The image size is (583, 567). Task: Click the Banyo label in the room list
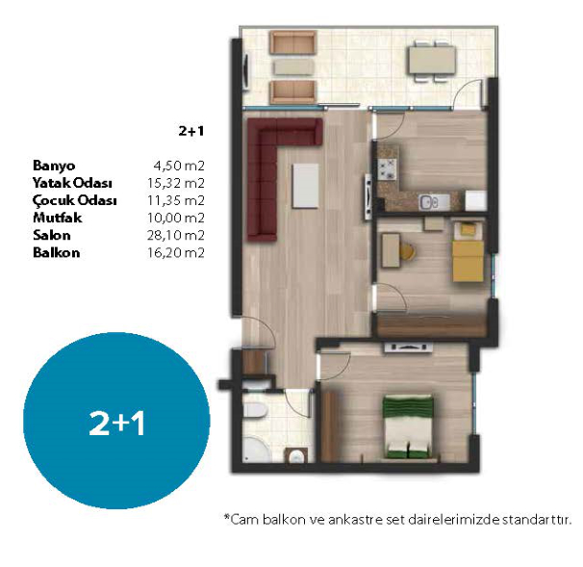54,166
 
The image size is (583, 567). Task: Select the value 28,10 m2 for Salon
176,236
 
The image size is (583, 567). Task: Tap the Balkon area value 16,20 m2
176,253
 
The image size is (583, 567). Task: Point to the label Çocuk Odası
74,201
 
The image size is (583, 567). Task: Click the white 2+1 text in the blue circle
116,424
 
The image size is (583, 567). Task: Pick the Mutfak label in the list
58,218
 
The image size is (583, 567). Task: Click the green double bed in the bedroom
408,427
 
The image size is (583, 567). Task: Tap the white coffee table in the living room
305,186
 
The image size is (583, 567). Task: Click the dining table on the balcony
432,61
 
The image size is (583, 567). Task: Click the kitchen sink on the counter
429,203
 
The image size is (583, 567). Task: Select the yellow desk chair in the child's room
408,251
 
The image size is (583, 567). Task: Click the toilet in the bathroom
255,411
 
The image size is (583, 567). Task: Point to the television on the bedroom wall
409,348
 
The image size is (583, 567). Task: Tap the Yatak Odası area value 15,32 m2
176,183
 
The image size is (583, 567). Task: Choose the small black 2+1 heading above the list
191,131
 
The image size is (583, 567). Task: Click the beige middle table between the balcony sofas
293,67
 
